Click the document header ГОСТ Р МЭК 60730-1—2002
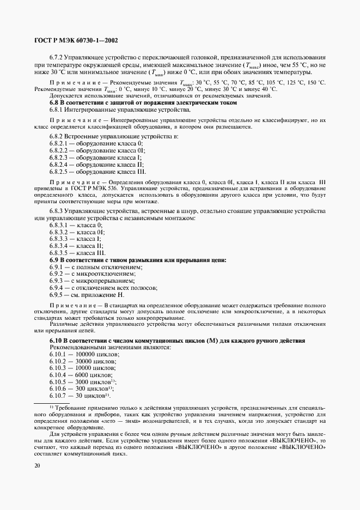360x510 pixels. tap(76, 40)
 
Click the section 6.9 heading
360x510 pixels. tap(138, 260)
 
